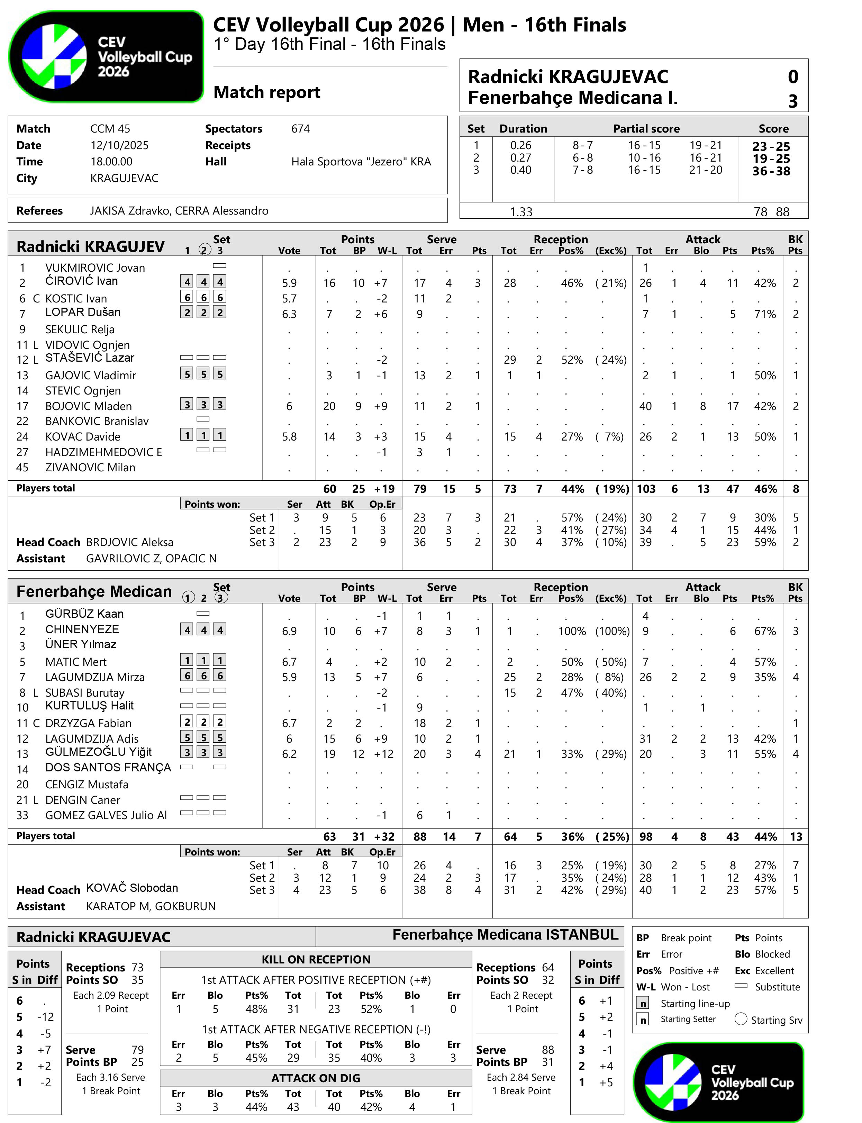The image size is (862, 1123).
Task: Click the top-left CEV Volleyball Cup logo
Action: (106, 56)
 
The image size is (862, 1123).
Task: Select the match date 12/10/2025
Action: (119, 145)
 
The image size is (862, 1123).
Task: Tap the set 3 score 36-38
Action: (771, 171)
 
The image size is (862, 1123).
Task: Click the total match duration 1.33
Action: (521, 212)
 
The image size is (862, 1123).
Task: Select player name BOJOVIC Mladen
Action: (88, 406)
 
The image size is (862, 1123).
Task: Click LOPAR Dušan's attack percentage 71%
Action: (764, 314)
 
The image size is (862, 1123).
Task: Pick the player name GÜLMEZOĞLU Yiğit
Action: (99, 752)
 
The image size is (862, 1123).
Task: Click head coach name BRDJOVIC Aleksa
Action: (130, 542)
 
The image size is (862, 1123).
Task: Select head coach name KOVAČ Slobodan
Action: (132, 888)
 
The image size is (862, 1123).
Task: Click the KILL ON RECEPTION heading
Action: (316, 959)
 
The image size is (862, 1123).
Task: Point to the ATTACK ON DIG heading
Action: (316, 1078)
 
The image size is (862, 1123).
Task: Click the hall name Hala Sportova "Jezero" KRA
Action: (361, 162)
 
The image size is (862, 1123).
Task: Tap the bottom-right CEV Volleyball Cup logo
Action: (718, 1081)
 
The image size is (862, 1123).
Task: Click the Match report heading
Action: (267, 92)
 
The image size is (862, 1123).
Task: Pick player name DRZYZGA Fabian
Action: (88, 723)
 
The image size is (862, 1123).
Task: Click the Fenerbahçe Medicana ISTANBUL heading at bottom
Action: (505, 935)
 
